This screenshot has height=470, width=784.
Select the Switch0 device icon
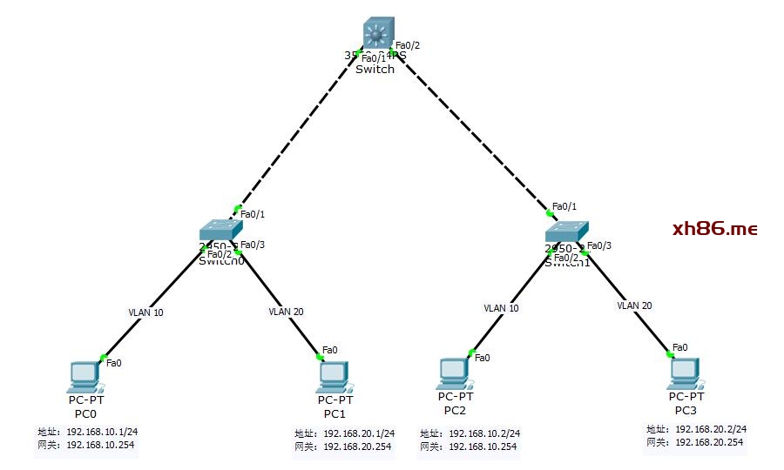point(219,230)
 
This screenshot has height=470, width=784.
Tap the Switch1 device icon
point(566,230)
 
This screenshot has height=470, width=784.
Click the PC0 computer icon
point(85,376)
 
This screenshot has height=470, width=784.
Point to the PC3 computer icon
point(684,374)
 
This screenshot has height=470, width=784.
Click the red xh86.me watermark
point(714,229)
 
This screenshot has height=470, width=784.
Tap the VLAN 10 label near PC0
point(145,312)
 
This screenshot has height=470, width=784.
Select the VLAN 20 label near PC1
point(287,311)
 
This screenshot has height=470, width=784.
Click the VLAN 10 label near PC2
point(501,308)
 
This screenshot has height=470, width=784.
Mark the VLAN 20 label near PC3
point(634,305)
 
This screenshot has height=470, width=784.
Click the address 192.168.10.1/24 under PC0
point(102,432)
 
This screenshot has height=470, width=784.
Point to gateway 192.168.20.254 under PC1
point(357,446)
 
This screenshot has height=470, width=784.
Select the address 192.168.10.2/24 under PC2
point(484,433)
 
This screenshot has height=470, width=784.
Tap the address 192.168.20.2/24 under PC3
point(711,429)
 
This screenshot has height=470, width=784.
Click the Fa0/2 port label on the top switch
point(408,45)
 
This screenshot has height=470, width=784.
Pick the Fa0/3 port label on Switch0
point(252,245)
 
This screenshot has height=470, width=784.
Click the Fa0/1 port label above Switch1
point(565,205)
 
